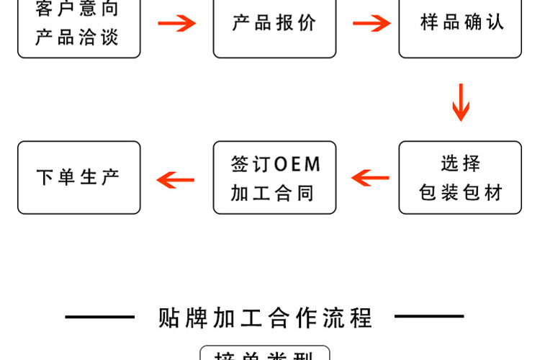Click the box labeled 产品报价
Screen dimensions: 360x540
click(274, 23)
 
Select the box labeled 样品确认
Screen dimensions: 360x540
click(460, 23)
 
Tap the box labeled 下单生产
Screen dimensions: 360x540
click(79, 177)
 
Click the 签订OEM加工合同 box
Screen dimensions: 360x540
click(274, 177)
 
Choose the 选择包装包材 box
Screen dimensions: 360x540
click(460, 177)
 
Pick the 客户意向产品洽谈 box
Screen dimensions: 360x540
click(79, 23)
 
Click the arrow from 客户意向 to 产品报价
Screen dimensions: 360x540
click(177, 23)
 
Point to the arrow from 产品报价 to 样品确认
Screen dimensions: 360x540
click(372, 23)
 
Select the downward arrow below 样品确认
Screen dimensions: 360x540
click(461, 102)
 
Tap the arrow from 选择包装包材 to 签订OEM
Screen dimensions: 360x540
click(370, 177)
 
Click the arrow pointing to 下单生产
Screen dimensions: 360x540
click(176, 179)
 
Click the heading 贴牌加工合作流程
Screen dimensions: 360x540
click(265, 317)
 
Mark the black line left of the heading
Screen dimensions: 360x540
click(99, 316)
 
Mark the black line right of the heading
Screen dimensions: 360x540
click(429, 316)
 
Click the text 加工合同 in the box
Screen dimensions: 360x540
click(274, 193)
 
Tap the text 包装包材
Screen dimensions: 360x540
click(460, 193)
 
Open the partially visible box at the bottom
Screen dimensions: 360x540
click(264, 354)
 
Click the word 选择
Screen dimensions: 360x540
click(460, 163)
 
